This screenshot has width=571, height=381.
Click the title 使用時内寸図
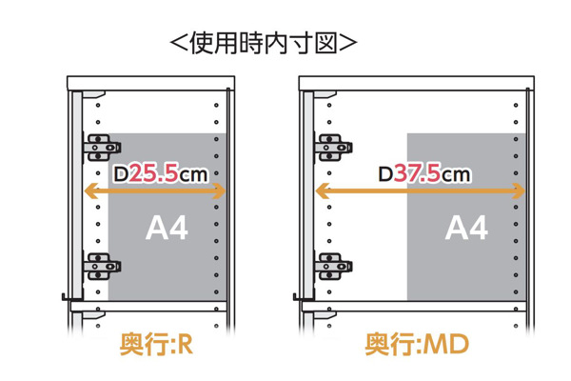(264, 44)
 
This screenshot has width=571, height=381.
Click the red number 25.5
(154, 172)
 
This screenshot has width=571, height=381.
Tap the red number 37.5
(418, 172)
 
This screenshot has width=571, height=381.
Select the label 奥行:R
(156, 344)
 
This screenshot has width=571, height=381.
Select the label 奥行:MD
(417, 344)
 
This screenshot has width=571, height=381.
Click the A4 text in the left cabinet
(167, 228)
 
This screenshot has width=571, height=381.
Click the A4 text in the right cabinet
(466, 228)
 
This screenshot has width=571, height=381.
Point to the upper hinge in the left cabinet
(103, 148)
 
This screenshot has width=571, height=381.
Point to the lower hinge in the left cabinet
(103, 266)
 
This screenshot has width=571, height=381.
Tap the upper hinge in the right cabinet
(333, 148)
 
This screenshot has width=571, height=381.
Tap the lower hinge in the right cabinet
(333, 266)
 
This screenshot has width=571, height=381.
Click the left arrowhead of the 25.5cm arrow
(91, 191)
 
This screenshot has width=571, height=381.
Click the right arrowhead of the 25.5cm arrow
(219, 191)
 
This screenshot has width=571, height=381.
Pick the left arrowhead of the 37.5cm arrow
(323, 191)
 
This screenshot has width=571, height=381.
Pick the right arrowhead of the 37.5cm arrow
(519, 191)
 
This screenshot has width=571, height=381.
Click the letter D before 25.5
(121, 173)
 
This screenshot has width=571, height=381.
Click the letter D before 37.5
(385, 173)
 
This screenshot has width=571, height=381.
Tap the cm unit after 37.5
(456, 175)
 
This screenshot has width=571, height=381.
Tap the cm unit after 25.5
(193, 175)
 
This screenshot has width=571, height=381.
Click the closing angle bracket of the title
(347, 44)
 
